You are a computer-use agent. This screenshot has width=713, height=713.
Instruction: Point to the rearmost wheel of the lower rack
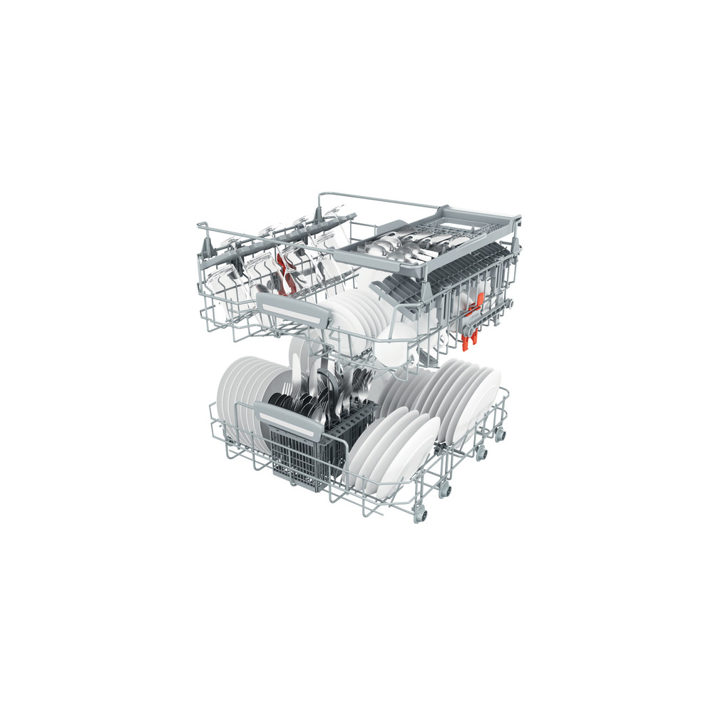click(x=500, y=434)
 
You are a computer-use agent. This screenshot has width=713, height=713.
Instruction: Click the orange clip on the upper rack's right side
click(x=470, y=334)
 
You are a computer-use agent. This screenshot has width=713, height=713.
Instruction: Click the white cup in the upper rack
click(x=396, y=342)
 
